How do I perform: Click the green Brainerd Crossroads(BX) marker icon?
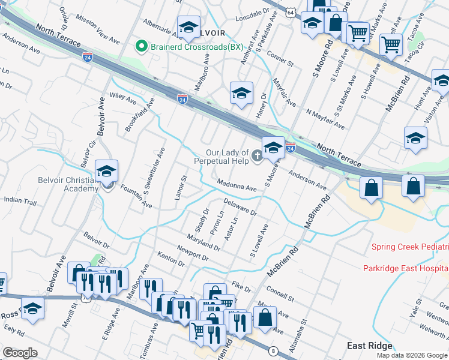142,46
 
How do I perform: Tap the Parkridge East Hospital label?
406,268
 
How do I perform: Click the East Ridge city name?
370,346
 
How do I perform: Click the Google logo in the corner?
20,353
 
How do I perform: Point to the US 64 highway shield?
290,12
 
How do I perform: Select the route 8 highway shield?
273,351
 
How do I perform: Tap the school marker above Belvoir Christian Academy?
106,172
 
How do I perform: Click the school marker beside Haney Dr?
241,93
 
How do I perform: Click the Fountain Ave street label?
136,196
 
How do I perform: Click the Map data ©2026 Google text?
412,355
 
